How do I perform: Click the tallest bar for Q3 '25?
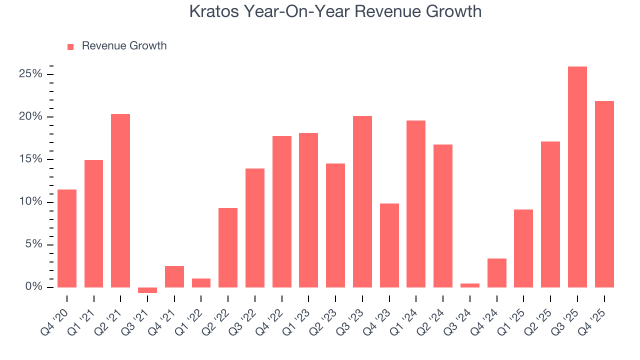tap(577, 177)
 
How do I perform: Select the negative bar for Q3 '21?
tap(147, 290)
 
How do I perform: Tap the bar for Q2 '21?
tap(120, 200)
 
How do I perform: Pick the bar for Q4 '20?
tap(67, 238)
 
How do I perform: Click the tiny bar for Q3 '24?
tap(470, 285)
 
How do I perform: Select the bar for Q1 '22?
tap(201, 283)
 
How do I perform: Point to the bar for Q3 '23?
tap(362, 201)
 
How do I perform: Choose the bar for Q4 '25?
tap(604, 194)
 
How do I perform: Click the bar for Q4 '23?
tap(389, 245)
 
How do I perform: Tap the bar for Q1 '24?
tap(416, 204)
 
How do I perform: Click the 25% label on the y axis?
tap(30, 74)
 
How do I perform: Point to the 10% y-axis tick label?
tap(30, 202)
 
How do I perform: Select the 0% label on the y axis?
tap(33, 287)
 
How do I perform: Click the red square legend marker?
tap(70, 46)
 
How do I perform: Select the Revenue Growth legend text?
tap(124, 46)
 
